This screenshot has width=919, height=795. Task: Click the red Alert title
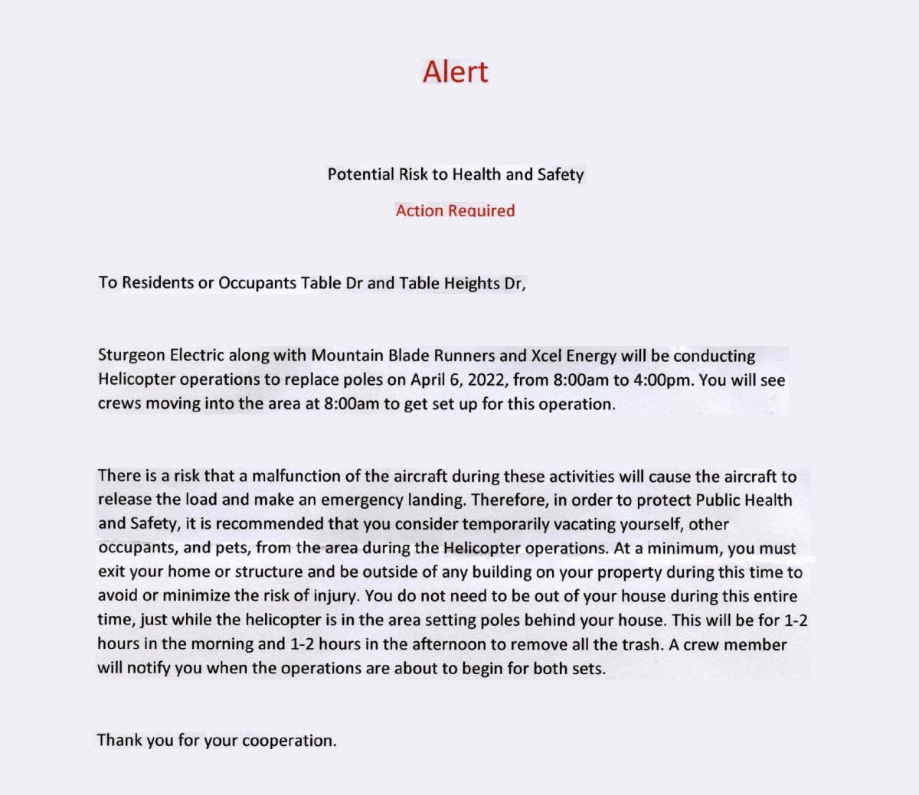pyautogui.click(x=455, y=71)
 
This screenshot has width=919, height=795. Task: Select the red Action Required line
pyautogui.click(x=455, y=210)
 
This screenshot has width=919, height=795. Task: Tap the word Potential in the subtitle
pyautogui.click(x=361, y=174)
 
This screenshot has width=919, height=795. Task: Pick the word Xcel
pyautogui.click(x=549, y=356)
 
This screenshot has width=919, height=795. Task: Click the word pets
pyautogui.click(x=231, y=548)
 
